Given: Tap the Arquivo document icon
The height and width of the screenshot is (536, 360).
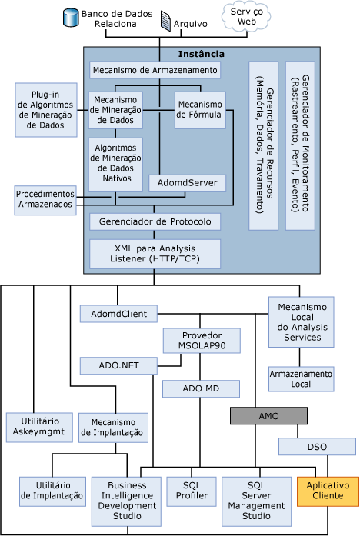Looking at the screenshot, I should click(165, 23).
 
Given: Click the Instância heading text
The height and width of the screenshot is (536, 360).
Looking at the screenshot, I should click(200, 54).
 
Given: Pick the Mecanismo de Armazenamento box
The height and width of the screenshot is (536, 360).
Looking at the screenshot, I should click(155, 71).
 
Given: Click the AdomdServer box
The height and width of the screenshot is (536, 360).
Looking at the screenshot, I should click(188, 183).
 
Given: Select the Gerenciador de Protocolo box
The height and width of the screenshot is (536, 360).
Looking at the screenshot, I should click(155, 221).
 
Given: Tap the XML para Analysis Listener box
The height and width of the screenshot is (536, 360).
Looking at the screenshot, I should click(155, 251).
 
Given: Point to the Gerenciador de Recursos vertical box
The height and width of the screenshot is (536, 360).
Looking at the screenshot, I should click(262, 144).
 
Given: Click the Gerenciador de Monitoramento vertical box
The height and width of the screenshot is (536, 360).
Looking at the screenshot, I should click(300, 144).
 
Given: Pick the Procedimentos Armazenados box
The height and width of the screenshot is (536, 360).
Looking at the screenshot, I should click(45, 199).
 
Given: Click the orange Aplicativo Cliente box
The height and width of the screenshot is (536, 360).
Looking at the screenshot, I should click(327, 491).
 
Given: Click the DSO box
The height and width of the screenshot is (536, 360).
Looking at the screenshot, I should click(317, 446).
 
